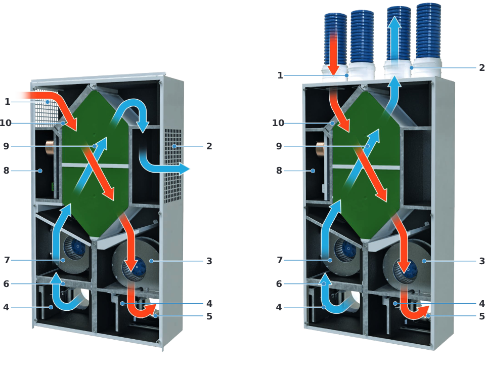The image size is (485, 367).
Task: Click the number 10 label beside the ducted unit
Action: point(278,123)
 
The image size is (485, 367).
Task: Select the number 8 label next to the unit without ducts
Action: point(6,171)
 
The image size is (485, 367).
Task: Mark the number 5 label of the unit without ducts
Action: point(209,316)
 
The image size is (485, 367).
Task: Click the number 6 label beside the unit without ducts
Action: point(6,284)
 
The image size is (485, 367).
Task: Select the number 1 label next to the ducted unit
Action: point(280,75)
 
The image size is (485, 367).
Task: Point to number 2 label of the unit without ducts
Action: point(209,146)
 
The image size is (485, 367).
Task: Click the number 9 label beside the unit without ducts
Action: point(6,146)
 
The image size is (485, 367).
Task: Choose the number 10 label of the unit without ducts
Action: point(6,123)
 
